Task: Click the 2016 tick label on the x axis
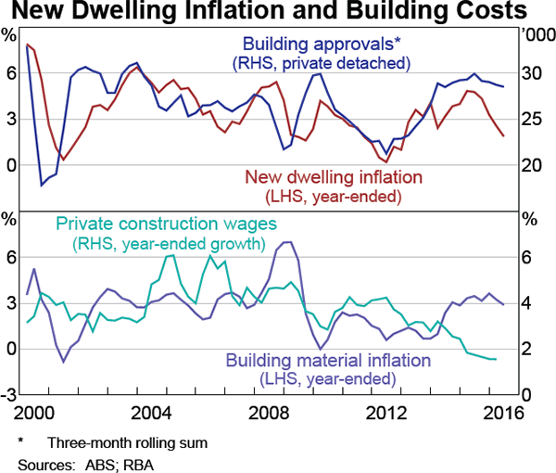click(x=501, y=413)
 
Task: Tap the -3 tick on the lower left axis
click(x=11, y=394)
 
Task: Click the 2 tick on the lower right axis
click(x=525, y=349)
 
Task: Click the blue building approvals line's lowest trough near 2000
click(x=41, y=185)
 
